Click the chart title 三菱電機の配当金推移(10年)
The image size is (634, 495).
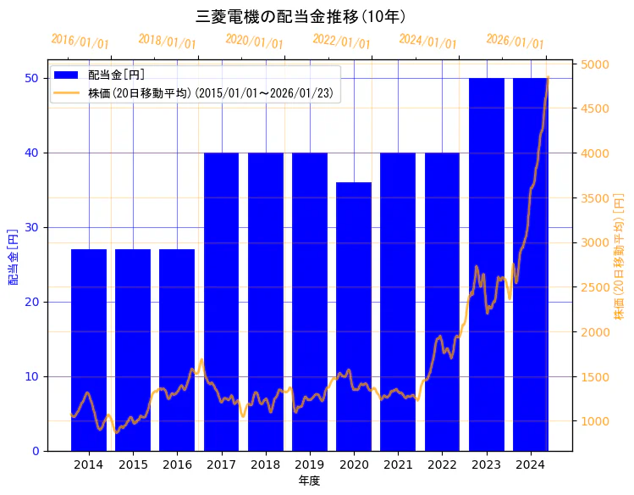300,16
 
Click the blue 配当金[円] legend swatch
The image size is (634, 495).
66,75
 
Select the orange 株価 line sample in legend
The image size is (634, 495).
66,92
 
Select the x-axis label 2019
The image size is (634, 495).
310,464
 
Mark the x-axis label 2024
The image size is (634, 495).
531,464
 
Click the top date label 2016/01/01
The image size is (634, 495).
80,42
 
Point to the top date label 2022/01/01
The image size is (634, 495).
341,42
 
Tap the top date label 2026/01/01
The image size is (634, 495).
515,42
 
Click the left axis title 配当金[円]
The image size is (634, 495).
13,256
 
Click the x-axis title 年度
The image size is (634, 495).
309,481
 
